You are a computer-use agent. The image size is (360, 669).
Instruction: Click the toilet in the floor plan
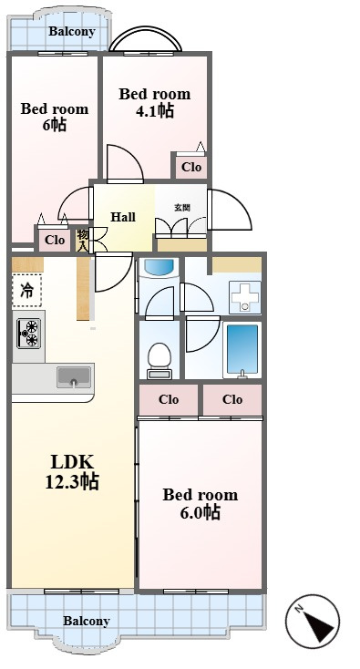159,361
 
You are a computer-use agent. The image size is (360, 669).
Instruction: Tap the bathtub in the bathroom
242,350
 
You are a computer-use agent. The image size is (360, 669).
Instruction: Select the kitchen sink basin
74,376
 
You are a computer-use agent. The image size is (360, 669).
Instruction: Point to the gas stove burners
30,333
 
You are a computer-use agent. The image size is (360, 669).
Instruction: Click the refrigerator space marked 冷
26,291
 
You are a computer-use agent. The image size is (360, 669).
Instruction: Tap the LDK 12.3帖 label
72,472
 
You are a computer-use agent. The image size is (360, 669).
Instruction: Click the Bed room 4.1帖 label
154,102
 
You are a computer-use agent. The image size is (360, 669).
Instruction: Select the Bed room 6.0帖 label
200,503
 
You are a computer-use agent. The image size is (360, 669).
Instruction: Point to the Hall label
123,217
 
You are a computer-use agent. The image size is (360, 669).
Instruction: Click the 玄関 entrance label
181,208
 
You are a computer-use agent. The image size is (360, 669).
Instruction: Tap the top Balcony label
72,31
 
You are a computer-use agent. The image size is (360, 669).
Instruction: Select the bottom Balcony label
87,621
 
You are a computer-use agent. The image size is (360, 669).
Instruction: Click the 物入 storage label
82,241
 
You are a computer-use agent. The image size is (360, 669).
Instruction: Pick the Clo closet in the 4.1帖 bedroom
190,167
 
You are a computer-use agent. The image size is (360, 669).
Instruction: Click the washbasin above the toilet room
159,267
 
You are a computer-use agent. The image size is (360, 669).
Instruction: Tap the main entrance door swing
230,210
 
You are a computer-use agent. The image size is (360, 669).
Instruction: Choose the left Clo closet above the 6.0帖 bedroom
169,400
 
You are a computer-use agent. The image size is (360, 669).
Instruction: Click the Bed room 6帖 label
54,117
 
